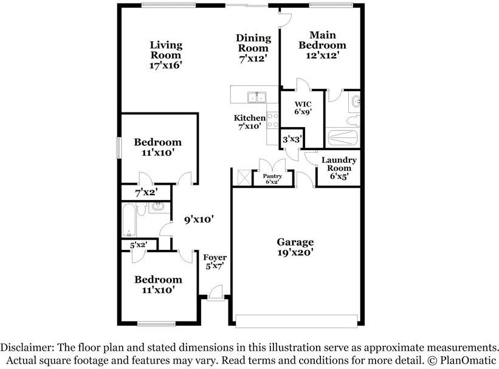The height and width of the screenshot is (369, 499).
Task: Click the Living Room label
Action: [x=166, y=50]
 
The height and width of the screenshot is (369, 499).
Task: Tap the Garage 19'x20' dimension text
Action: [x=295, y=252]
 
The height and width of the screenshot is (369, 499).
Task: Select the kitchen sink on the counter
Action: [x=257, y=97]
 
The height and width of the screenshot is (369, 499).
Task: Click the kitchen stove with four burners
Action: [x=273, y=120]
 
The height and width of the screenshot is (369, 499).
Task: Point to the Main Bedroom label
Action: [x=322, y=40]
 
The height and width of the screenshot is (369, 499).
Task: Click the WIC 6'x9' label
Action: [x=303, y=108]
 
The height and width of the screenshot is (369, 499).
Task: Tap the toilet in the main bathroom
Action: [x=353, y=120]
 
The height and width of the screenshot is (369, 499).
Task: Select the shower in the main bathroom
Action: [x=343, y=137]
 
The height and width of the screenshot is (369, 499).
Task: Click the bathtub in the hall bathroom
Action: [x=129, y=220]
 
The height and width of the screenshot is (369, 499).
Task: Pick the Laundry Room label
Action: [x=339, y=164]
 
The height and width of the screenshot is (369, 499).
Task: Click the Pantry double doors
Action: [x=272, y=165]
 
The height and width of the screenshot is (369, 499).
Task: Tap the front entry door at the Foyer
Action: [x=215, y=294]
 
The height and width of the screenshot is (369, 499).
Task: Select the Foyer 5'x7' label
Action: [x=215, y=262]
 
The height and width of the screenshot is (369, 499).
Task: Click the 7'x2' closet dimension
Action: [x=146, y=193]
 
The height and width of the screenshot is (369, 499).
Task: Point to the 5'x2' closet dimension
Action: [x=139, y=245]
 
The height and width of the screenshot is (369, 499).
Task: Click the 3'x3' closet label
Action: [x=292, y=139]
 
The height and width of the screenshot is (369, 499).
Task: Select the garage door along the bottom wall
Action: [x=297, y=320]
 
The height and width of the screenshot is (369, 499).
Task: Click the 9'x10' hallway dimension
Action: [x=199, y=219]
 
